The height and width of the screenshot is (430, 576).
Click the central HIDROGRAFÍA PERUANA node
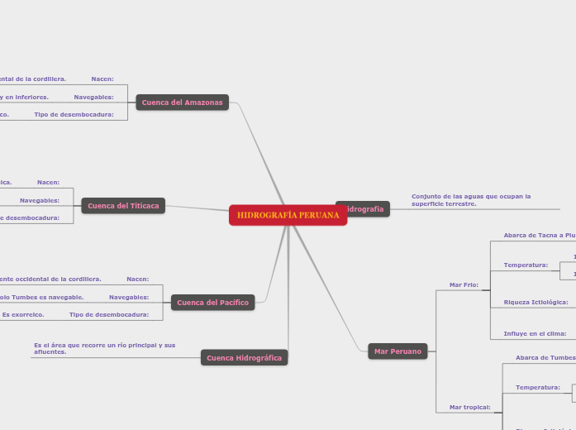pos(288,215)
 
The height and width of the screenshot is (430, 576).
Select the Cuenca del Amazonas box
pos(182,103)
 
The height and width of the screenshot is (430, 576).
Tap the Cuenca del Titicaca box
pos(123,206)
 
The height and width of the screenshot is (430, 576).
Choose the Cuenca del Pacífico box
pos(212,303)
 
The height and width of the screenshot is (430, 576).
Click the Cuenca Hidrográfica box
pos(244,358)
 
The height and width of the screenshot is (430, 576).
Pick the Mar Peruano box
pos(397,351)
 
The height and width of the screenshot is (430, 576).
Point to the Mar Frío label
pos(464,284)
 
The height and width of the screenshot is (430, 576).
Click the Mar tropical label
pos(469,407)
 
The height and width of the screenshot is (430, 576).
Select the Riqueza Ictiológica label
pos(536,303)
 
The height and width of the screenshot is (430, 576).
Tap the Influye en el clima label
pos(535,333)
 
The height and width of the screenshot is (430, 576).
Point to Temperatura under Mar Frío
pos(526,265)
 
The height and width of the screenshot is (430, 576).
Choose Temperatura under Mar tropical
pos(537,387)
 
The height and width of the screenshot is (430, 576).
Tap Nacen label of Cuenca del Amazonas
pos(102,79)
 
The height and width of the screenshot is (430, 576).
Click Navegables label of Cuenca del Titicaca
pos(40,200)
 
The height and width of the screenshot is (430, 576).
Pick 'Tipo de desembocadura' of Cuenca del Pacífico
pos(109,314)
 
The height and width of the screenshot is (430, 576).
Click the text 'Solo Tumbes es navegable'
pos(42,297)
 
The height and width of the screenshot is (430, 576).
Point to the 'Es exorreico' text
pos(18,314)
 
